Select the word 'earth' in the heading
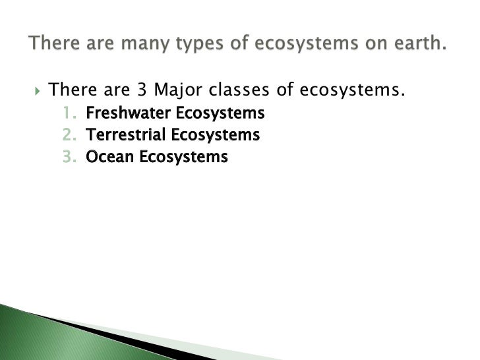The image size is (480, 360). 415,45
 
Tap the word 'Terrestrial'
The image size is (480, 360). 126,135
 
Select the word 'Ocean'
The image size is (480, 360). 105,157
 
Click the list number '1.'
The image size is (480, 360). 70,113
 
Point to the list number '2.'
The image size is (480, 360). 70,135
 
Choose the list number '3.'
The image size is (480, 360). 70,157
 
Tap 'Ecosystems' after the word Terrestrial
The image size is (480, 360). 215,135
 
